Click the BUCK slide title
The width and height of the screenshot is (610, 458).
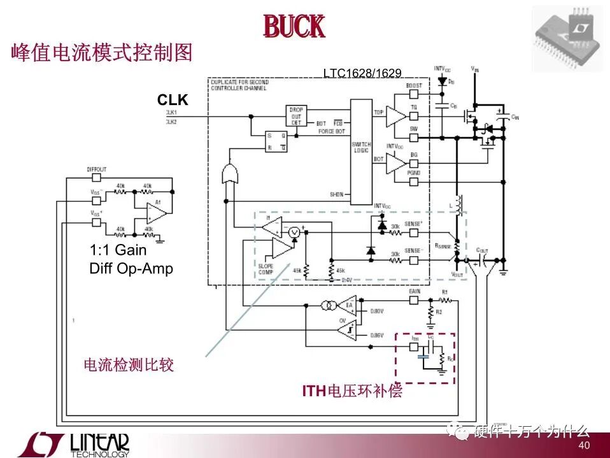(x=294, y=27)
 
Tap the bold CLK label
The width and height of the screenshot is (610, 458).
(x=173, y=100)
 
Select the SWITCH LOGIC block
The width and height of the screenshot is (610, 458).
(x=361, y=151)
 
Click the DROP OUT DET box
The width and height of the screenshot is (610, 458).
(x=297, y=115)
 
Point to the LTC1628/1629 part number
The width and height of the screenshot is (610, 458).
(x=362, y=73)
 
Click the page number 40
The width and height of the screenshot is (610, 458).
(x=584, y=445)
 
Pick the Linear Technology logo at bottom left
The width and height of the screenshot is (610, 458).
(x=73, y=445)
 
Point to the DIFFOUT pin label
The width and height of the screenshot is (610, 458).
(x=97, y=169)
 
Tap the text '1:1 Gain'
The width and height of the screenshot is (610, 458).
(x=118, y=250)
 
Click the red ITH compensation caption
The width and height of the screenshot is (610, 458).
(x=352, y=390)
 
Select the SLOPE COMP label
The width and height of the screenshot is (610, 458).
(x=266, y=269)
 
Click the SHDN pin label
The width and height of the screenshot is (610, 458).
(x=336, y=194)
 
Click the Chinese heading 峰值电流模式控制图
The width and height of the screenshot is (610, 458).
(x=102, y=52)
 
